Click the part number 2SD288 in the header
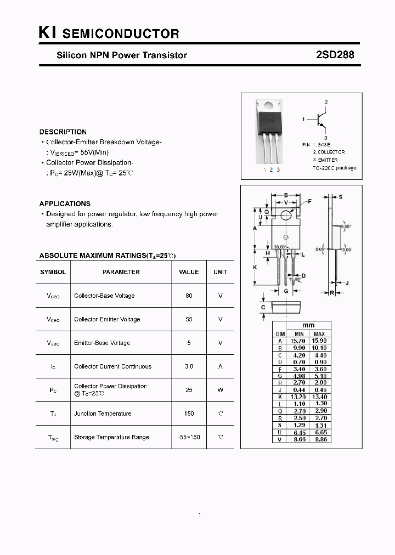pos(335,55)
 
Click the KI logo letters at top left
pos(47,33)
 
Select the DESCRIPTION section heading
pos(63,132)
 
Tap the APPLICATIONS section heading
pos(65,203)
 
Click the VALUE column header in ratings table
pos(189,272)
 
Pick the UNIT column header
pos(221,272)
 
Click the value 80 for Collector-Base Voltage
pos(189,296)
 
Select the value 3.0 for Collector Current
pos(189,366)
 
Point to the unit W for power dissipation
pos(221,390)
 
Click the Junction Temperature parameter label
pos(103,414)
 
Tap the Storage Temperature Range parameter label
pos(111,437)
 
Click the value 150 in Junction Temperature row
pos(189,414)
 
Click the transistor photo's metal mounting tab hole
pos(269,106)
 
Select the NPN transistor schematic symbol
pos(321,120)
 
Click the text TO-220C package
pos(334,168)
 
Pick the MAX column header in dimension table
pos(320,334)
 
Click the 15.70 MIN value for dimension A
pos(298,341)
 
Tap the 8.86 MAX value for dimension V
pos(320,439)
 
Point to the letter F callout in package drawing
pos(309,202)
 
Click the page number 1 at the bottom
pos(200,516)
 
